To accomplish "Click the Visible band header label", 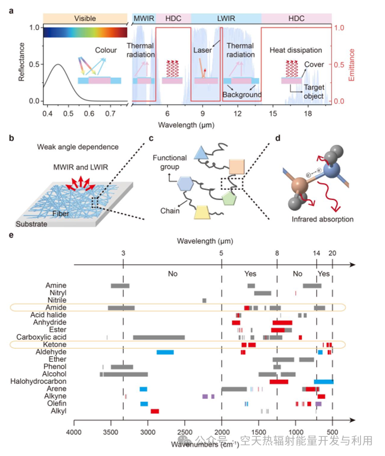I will [85, 18].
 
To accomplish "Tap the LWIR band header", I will [226, 18].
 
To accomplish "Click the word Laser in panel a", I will [203, 50].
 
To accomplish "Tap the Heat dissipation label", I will [296, 50].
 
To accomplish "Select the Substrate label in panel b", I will [32, 224].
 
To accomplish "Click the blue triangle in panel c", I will [201, 153].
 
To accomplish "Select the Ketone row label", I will [56, 345].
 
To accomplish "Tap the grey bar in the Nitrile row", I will [204, 301].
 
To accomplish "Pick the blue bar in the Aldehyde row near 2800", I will [165, 352].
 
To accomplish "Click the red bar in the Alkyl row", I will [155, 411].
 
